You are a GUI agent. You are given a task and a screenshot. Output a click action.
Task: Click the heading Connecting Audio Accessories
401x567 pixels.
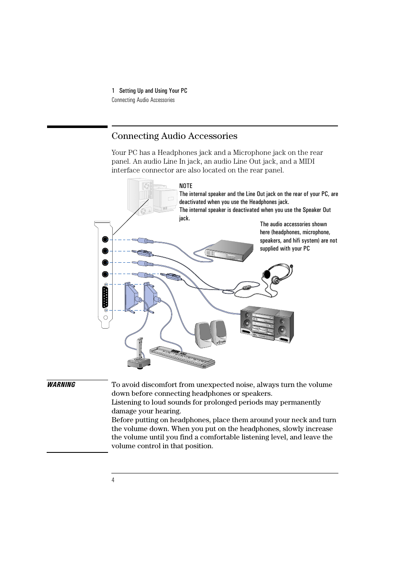(x=174, y=136)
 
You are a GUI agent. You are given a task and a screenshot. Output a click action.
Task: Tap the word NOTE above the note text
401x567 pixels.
(x=186, y=186)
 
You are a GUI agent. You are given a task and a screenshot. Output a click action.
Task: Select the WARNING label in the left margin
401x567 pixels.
(x=61, y=384)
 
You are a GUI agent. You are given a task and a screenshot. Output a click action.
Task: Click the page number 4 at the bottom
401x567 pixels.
(x=113, y=480)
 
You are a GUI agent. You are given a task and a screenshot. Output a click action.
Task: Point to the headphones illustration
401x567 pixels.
(x=278, y=274)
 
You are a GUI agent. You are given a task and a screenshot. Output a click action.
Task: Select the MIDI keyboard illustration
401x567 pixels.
(x=182, y=357)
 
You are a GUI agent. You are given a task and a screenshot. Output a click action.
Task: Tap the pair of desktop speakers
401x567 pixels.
(x=211, y=334)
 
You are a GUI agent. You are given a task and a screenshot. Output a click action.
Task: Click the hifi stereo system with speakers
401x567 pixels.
(x=267, y=324)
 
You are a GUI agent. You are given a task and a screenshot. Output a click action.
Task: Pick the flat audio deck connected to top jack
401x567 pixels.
(x=230, y=251)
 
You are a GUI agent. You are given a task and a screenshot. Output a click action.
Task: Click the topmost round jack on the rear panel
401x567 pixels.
(x=105, y=239)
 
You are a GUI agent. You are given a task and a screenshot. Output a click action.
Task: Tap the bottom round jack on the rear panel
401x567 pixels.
(x=105, y=274)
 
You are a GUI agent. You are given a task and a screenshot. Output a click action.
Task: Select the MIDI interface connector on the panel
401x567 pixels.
(x=106, y=297)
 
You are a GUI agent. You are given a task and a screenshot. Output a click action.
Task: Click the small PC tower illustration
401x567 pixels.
(x=140, y=196)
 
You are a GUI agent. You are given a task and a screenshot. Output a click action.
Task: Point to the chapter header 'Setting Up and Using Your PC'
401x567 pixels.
(x=153, y=91)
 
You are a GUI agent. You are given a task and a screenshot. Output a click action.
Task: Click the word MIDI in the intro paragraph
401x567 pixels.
(x=306, y=162)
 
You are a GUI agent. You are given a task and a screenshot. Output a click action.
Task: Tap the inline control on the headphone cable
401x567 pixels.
(x=247, y=288)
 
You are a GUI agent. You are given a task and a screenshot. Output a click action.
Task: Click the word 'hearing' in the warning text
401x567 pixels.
(x=167, y=411)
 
